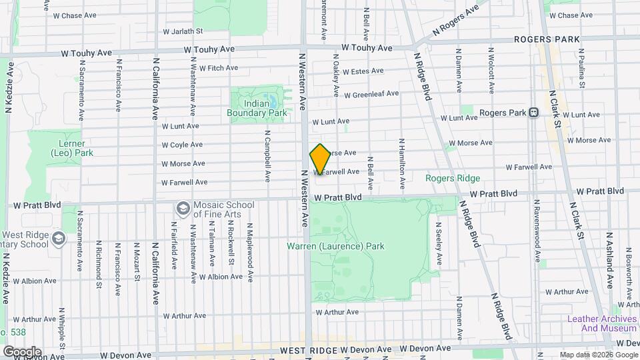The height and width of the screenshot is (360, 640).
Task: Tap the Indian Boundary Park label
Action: coord(257,108)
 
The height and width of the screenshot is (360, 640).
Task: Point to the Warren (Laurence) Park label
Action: coord(335,246)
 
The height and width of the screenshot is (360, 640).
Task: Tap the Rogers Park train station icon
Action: coord(533,113)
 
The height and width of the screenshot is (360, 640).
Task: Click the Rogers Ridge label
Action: coord(453,178)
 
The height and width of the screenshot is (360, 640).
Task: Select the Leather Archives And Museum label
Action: coord(601,323)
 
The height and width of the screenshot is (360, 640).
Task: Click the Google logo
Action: coord(22,351)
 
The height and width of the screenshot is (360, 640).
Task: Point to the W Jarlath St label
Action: coord(183,31)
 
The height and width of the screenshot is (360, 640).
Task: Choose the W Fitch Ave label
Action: coord(213,68)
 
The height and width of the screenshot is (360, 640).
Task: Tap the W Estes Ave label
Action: coord(363,71)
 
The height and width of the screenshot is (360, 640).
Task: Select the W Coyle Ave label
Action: coord(182,145)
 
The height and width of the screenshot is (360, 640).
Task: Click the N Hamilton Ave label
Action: coord(402,164)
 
